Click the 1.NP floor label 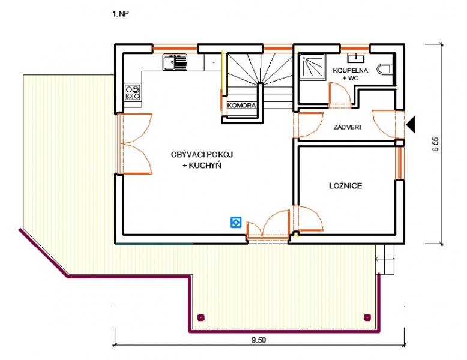[x=121, y=14]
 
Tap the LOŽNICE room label [x=346, y=186]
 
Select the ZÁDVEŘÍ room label [x=347, y=127]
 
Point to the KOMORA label [x=241, y=106]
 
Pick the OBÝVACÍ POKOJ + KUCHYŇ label [x=202, y=160]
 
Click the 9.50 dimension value [x=259, y=340]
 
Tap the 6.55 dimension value [x=435, y=145]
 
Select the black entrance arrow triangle [x=411, y=124]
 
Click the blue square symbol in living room [x=236, y=223]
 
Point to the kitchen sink [x=175, y=62]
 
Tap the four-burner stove [x=133, y=92]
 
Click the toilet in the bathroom [x=385, y=70]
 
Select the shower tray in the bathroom [x=312, y=67]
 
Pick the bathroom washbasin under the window [x=355, y=58]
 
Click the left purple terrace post [x=201, y=318]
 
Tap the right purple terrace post [x=367, y=318]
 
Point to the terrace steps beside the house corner [x=385, y=259]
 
